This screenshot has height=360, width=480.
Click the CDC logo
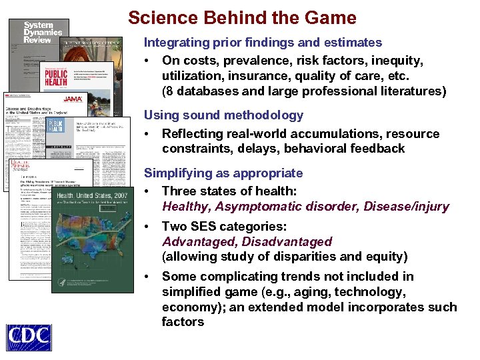pyautogui.click(x=29, y=337)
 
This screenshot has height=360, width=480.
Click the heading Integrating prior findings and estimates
pyautogui.click(x=263, y=43)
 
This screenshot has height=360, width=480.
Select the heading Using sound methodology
pyautogui.click(x=223, y=115)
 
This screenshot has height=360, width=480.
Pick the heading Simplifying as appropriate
pyautogui.click(x=223, y=173)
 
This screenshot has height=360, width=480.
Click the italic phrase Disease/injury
pyautogui.click(x=406, y=207)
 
